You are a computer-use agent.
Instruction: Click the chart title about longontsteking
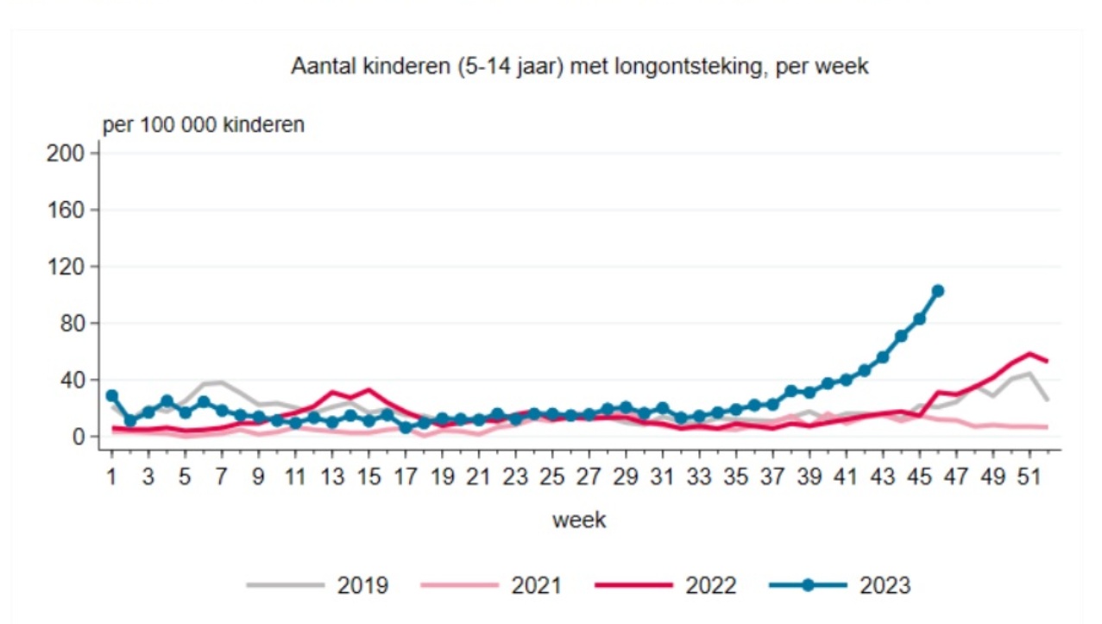[579, 67]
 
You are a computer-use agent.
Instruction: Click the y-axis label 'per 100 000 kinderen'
[204, 125]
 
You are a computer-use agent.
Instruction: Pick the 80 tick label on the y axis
[71, 324]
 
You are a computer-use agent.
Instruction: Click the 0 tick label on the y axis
[77, 438]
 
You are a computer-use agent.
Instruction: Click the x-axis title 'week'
[579, 520]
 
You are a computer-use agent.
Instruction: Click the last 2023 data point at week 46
[937, 291]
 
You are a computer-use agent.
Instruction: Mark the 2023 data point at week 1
[112, 396]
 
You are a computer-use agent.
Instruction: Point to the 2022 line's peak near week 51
[1029, 354]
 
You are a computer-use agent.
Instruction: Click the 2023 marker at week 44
[901, 336]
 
